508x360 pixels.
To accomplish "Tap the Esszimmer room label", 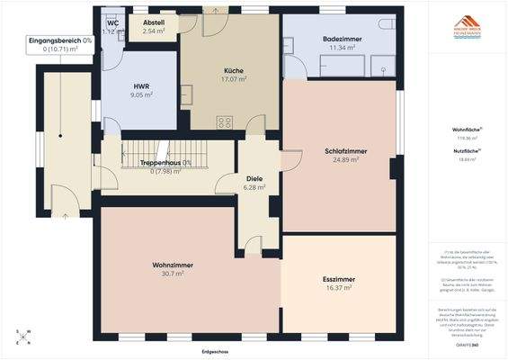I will click(x=339, y=280).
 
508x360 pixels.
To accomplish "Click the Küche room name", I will click(x=234, y=70).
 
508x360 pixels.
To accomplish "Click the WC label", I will click(x=112, y=23).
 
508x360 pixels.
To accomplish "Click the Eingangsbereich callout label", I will click(x=59, y=40).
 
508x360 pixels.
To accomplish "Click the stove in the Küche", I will click(x=225, y=121).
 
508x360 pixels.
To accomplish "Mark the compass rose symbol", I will click(x=25, y=337).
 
